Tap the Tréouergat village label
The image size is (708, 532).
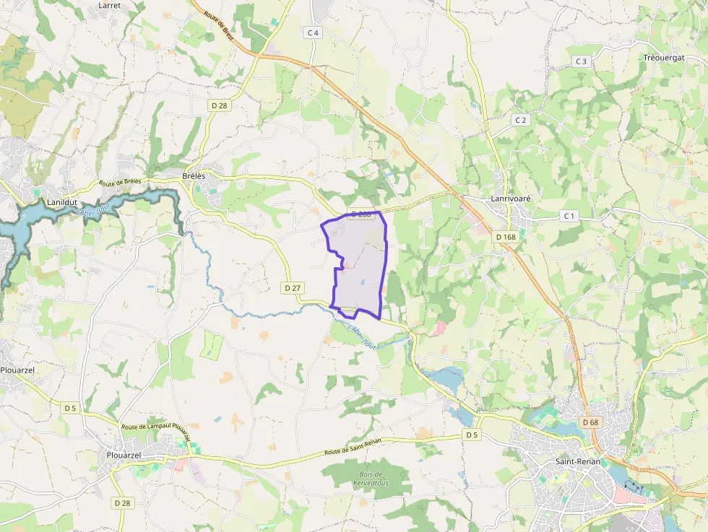click(x=662, y=57)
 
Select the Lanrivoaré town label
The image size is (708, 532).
click(x=506, y=199)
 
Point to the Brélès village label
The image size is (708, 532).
click(x=194, y=176)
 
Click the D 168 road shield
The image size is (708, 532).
click(x=506, y=237)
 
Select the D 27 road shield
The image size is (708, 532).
click(x=293, y=287)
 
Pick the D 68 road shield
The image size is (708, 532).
click(x=590, y=422)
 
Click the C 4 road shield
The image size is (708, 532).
click(x=313, y=32)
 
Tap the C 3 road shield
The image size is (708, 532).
click(x=582, y=61)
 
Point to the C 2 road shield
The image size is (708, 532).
click(x=521, y=120)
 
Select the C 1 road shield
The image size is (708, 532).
click(x=569, y=216)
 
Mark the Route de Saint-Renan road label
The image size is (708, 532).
click(x=353, y=446)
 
